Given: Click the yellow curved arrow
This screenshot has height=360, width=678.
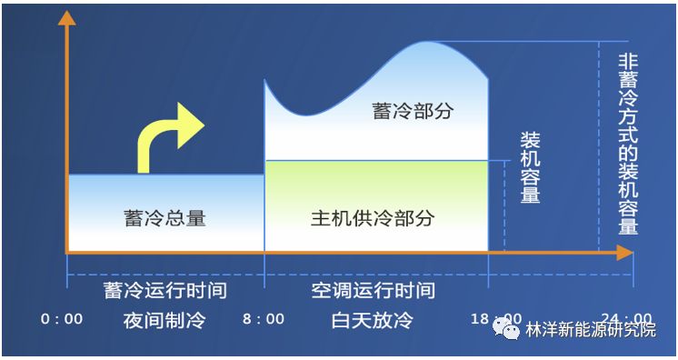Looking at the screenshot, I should point(168,136).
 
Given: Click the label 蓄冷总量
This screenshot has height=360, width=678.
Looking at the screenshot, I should point(165,218).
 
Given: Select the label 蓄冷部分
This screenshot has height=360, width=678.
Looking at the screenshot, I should point(412,111).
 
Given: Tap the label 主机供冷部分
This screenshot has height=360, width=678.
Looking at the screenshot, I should point(373,218).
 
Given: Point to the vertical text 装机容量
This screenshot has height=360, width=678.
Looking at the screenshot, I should point(530,168).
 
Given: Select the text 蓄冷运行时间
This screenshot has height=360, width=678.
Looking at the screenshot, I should point(165,291).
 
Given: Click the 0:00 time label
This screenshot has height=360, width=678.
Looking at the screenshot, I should point(62,319).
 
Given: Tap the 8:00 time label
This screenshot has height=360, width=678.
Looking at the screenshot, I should point(264,319).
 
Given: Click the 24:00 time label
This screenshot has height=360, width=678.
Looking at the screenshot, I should point(627,319).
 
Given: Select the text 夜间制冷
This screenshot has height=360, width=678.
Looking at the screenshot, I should point(165,320).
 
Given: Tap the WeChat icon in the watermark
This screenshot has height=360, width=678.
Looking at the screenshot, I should point(503,327).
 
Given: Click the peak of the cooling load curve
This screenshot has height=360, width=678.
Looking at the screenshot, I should point(427,42).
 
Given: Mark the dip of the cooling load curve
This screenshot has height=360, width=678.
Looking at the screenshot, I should point(304,116).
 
